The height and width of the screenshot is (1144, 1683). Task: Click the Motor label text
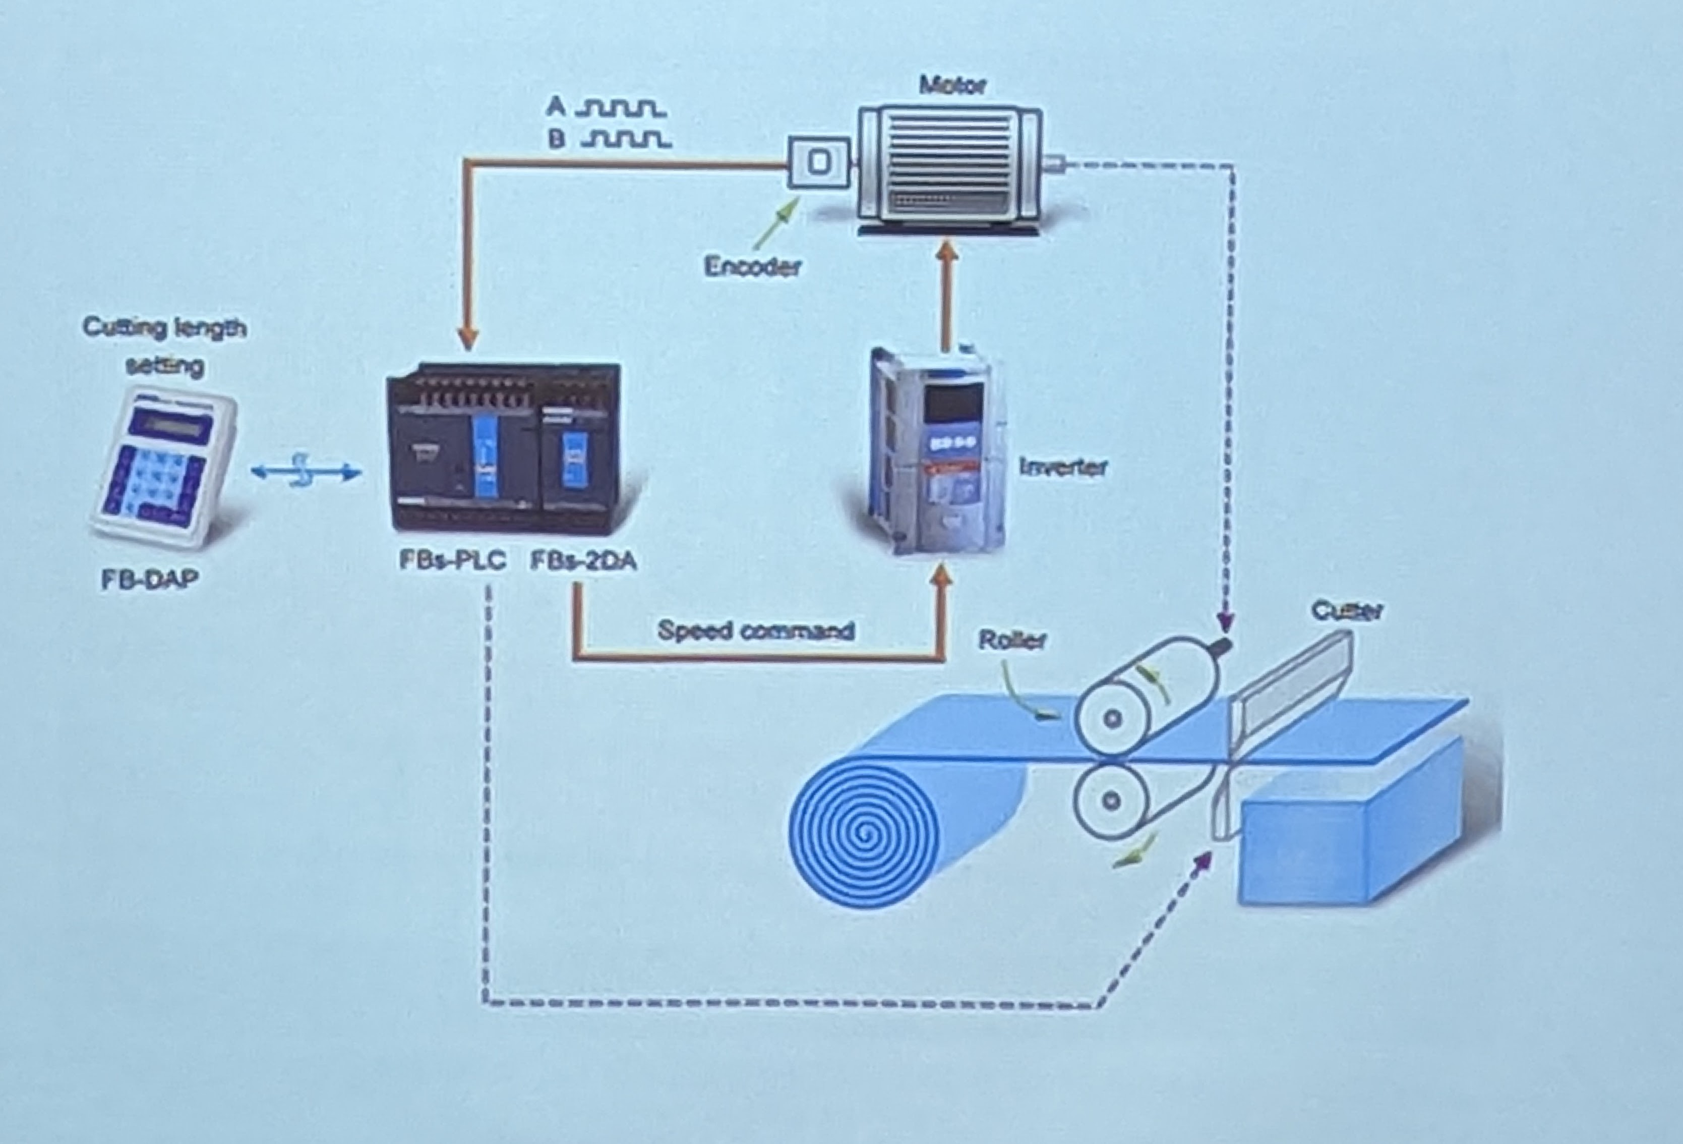pos(952,85)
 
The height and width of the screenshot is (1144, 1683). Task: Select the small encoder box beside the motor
pos(818,162)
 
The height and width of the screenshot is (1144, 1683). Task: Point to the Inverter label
pos(1063,467)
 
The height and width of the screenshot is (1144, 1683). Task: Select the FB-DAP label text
pos(149,580)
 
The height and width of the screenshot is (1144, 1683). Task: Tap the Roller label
pos(1012,640)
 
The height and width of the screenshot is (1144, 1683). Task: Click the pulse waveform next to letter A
pos(621,108)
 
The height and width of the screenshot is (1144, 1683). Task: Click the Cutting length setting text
pos(165,346)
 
